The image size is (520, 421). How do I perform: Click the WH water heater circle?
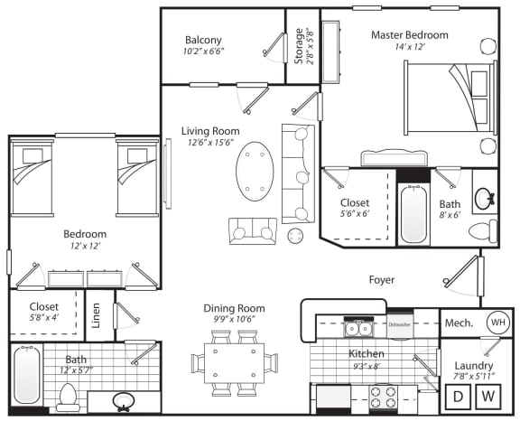(x=497, y=323)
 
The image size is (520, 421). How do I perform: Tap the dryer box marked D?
(x=458, y=396)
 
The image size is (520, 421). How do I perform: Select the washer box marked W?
(x=488, y=396)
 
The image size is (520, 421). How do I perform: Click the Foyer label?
(x=382, y=280)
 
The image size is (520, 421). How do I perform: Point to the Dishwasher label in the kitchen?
(x=400, y=324)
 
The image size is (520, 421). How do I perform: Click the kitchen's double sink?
(x=358, y=329)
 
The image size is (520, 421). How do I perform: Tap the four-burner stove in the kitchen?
(x=384, y=397)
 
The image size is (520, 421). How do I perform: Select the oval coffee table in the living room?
(x=255, y=171)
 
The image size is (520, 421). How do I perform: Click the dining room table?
(x=234, y=363)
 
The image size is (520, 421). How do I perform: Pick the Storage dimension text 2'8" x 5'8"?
(x=310, y=46)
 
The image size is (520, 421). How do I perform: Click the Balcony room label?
(x=203, y=40)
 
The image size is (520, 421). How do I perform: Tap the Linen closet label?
(x=96, y=315)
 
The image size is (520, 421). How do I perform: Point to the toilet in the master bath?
(x=483, y=230)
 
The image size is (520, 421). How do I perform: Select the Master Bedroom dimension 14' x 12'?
(x=410, y=47)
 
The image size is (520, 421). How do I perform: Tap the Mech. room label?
(x=459, y=323)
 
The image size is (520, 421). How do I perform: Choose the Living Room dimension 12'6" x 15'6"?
(x=210, y=143)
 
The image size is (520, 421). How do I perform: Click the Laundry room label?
(x=474, y=366)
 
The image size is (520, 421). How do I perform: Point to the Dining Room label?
(x=234, y=309)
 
